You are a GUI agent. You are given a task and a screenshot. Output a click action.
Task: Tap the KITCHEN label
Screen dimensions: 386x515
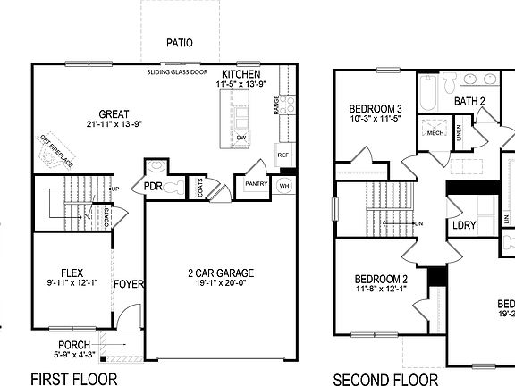[241, 74]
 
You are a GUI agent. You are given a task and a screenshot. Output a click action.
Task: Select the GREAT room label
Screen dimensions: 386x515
[114, 113]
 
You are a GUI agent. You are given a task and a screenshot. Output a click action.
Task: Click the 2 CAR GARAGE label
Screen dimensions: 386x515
[221, 273]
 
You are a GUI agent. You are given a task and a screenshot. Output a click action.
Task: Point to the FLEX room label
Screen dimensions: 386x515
[72, 273]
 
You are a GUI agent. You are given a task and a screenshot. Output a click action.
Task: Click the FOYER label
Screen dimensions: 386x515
[128, 285]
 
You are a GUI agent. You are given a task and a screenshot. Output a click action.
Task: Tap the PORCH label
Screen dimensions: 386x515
[74, 345]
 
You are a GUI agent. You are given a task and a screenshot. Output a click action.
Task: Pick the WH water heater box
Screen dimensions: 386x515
[284, 185]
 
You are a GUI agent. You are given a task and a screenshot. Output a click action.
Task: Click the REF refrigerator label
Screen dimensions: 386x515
[283, 155]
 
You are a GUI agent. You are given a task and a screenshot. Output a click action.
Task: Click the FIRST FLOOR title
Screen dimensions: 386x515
[73, 378]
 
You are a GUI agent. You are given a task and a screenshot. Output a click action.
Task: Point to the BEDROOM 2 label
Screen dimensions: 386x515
[381, 279]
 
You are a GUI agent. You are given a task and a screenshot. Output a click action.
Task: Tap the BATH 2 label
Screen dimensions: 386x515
[470, 102]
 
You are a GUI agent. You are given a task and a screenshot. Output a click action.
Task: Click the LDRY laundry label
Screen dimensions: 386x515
[464, 225]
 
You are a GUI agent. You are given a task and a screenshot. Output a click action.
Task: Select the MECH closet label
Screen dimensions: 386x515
[435, 133]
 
